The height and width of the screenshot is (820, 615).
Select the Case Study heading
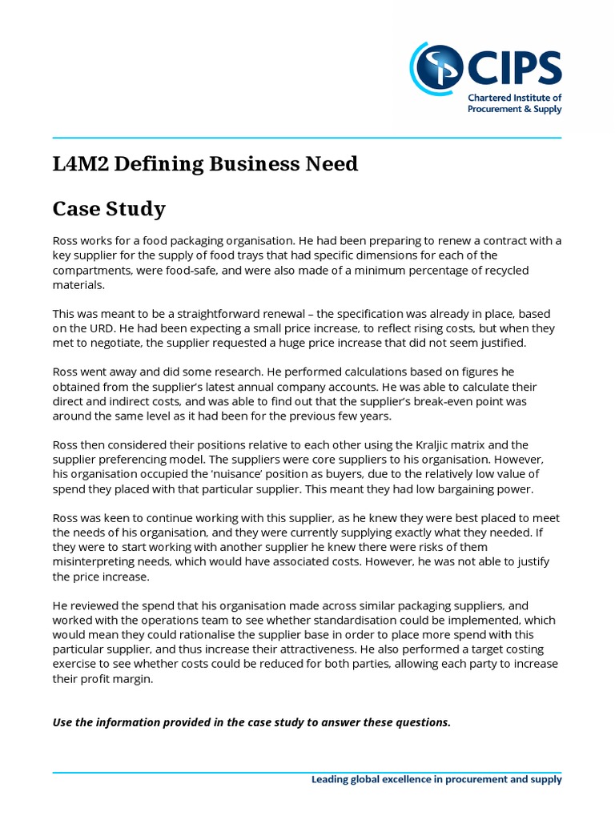109,209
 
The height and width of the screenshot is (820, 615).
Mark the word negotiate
108,343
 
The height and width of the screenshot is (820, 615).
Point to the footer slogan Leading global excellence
436,780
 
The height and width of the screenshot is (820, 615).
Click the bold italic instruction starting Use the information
251,722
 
